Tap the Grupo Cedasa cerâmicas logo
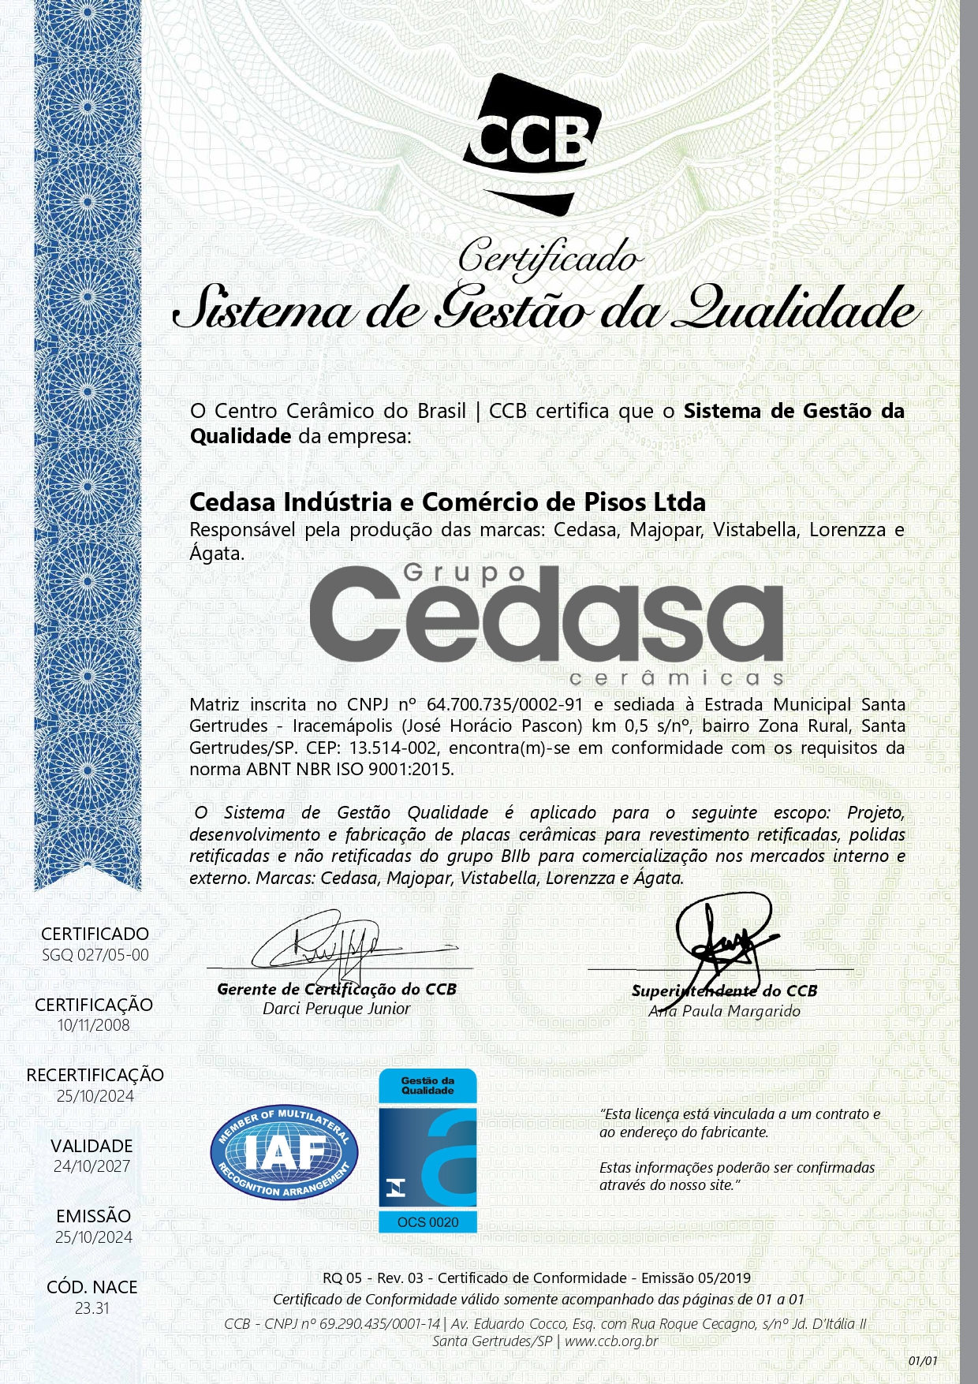tap(546, 623)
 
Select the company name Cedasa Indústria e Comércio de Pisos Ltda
tap(447, 502)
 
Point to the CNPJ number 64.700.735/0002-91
tap(504, 704)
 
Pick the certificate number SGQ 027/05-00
tap(95, 955)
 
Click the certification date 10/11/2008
tap(94, 1025)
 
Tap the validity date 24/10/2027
tap(92, 1166)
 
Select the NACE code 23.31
tap(92, 1308)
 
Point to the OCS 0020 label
tap(428, 1222)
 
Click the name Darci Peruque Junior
tap(337, 1009)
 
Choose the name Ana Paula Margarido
tap(724, 1011)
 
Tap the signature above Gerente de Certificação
tap(331, 942)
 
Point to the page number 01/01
tap(923, 1360)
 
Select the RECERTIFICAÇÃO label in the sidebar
tap(95, 1075)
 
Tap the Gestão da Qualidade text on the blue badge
tap(427, 1085)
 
